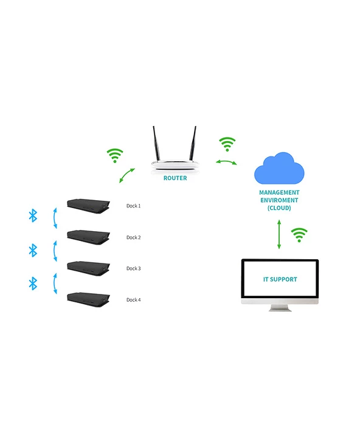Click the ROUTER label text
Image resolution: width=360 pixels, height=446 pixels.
[x=175, y=179]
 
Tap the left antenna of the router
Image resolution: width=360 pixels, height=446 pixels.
[x=155, y=144]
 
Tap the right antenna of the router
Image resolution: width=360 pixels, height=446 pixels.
[x=195, y=144]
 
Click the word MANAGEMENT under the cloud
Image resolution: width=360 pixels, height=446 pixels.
[x=279, y=192]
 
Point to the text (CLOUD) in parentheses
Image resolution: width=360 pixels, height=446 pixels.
[x=279, y=208]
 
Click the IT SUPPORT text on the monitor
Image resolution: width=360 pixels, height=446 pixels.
[x=280, y=279]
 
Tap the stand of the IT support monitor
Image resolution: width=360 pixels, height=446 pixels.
[x=280, y=307]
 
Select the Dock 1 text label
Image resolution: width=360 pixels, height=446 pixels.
[x=133, y=206]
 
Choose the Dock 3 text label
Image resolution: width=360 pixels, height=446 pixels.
[x=133, y=268]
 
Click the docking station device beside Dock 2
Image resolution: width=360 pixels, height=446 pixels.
[x=88, y=237]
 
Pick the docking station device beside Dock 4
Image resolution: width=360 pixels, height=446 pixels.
[x=88, y=299]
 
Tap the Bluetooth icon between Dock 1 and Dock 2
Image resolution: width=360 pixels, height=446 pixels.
[x=33, y=215]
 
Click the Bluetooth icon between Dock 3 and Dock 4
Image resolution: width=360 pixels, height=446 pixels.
[x=33, y=283]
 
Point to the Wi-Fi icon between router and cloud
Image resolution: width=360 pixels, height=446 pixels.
[x=227, y=145]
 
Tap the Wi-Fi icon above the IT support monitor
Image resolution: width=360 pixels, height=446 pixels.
[x=299, y=234]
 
